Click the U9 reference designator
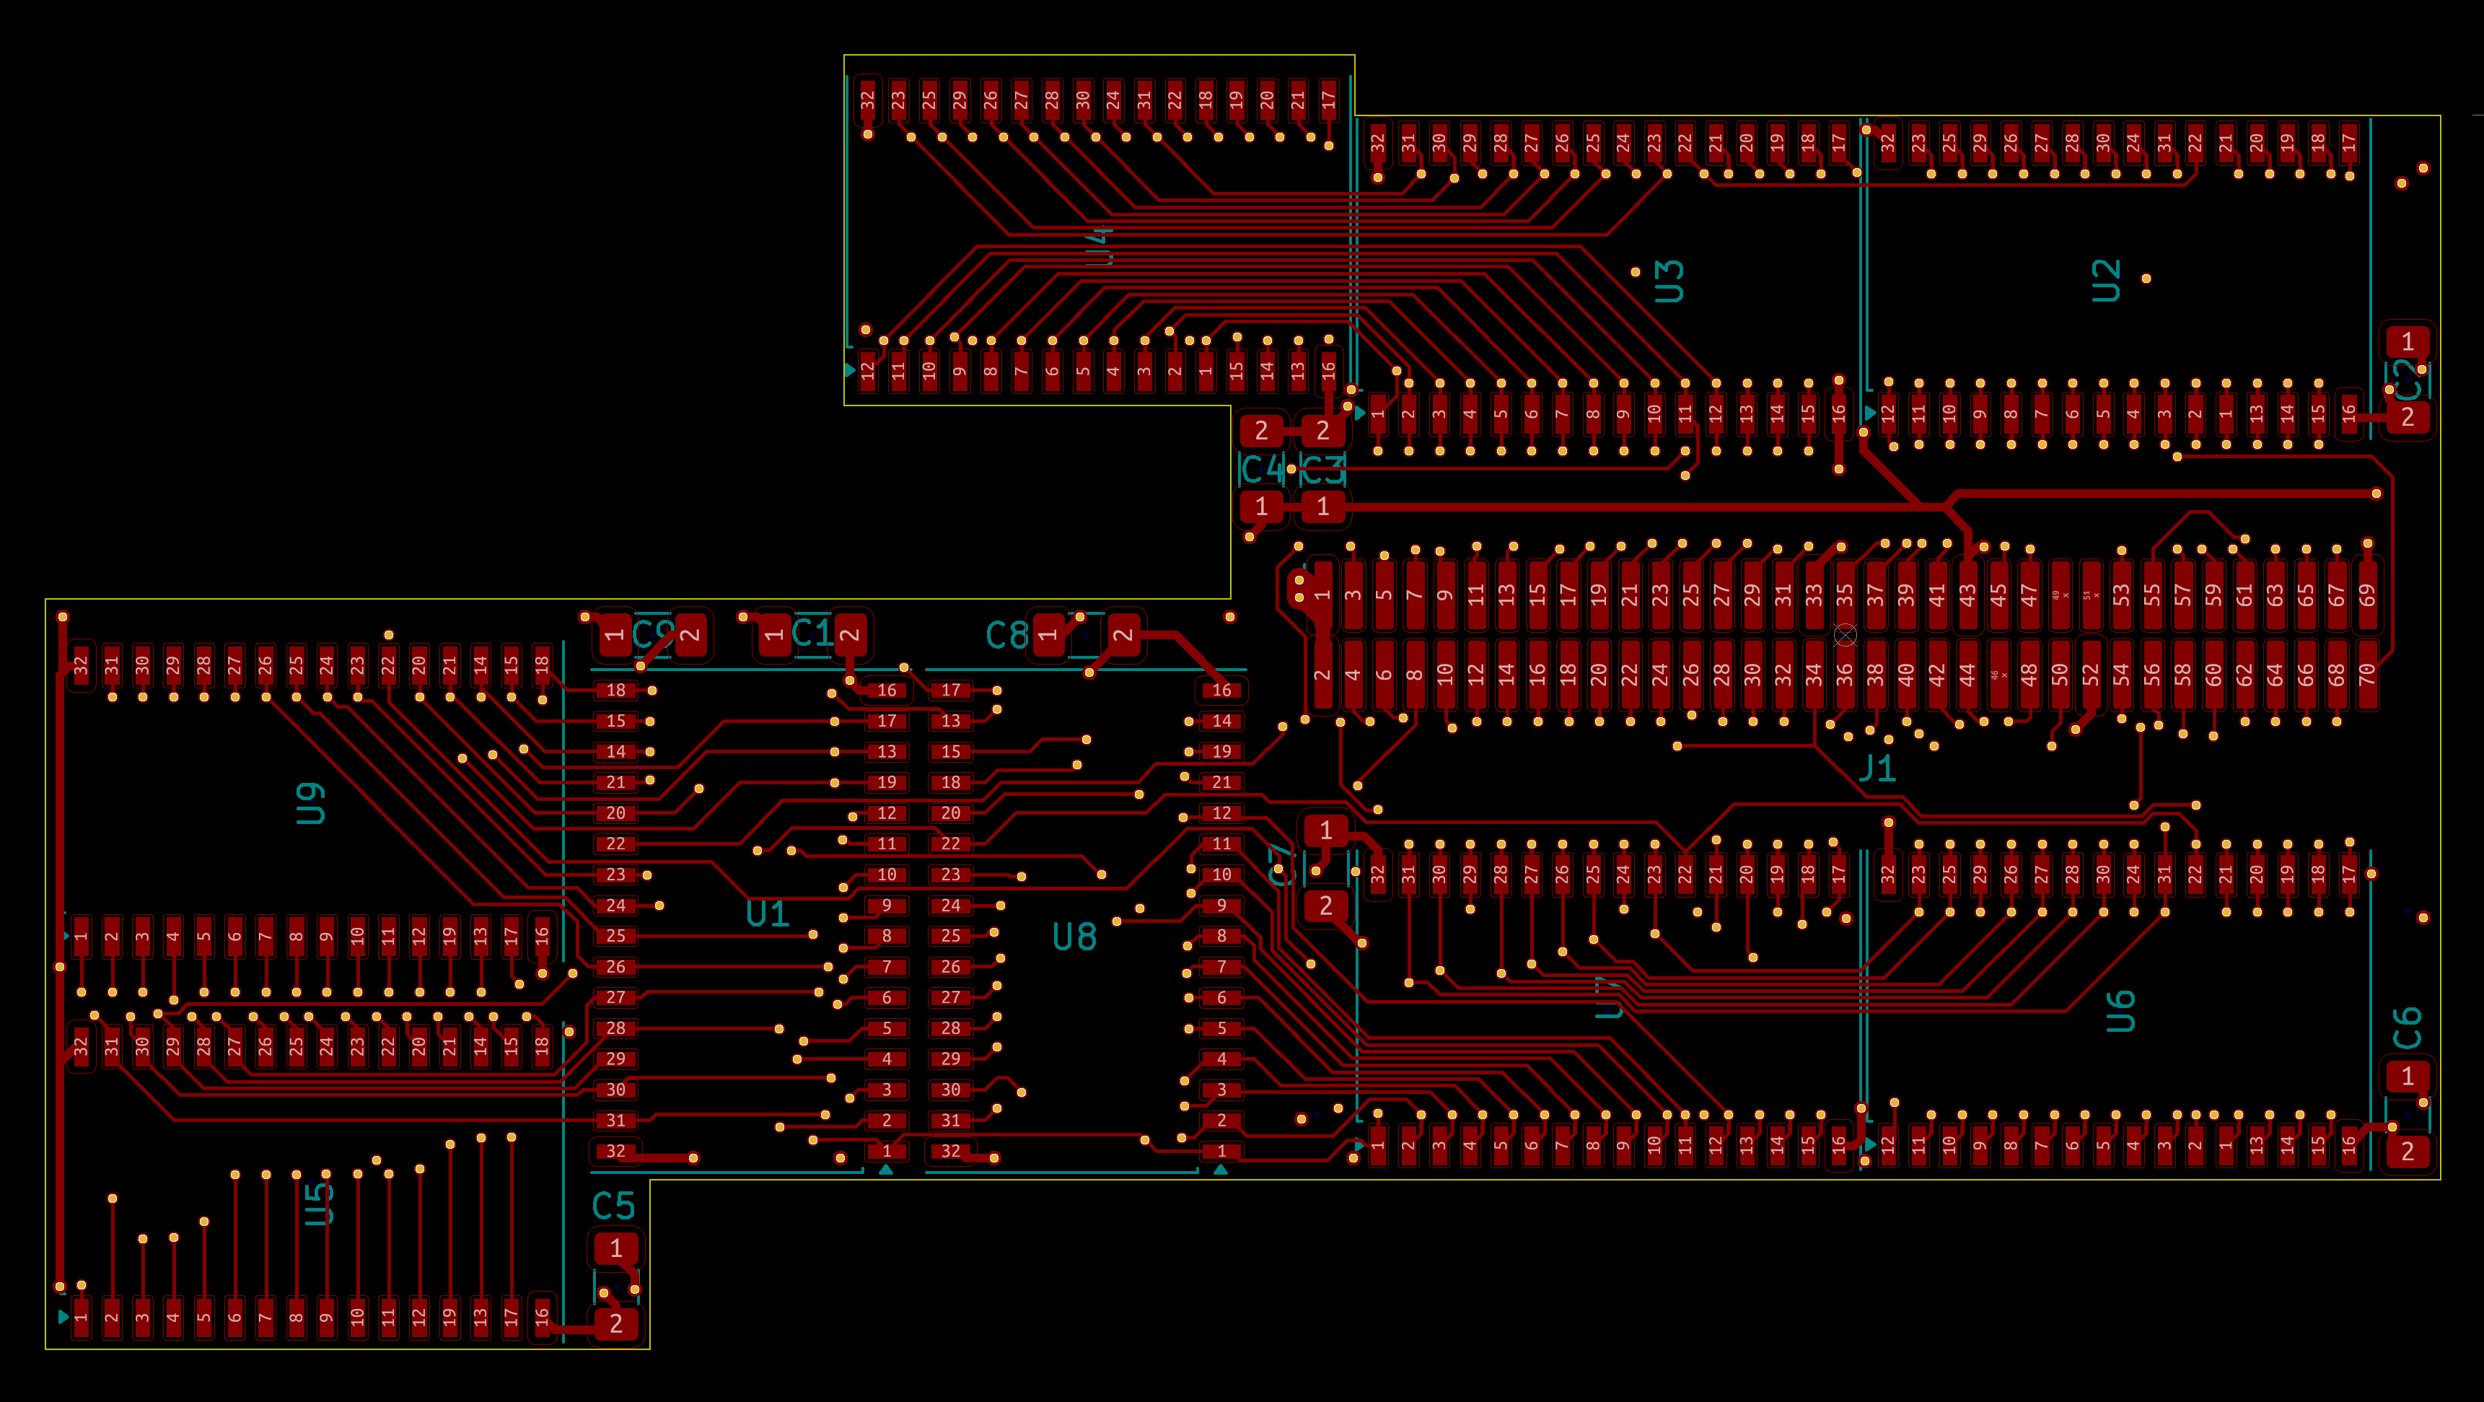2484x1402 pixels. point(310,803)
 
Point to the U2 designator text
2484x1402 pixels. point(2106,281)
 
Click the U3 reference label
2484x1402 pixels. point(1669,281)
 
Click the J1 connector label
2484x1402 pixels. point(1877,769)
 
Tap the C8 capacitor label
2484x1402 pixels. point(1006,636)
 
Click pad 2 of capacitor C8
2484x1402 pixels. point(1123,634)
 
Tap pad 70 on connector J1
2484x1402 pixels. point(2367,675)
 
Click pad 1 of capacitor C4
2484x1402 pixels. point(1261,507)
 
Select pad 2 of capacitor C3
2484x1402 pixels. point(1323,430)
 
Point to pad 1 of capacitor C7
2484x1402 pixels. point(1326,831)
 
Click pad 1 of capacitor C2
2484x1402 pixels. point(2408,341)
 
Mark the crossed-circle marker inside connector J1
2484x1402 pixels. point(1845,634)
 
